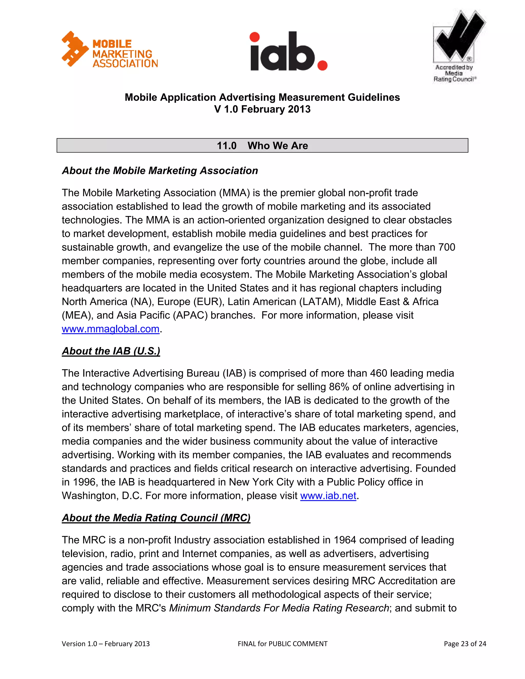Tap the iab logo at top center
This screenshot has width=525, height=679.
(288, 51)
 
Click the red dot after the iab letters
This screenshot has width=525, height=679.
(322, 65)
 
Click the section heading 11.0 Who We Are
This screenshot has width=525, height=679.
(262, 146)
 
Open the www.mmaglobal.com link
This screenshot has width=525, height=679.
(110, 329)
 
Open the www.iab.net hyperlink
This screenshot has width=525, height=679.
(328, 496)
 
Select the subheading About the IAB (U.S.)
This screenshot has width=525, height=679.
(111, 351)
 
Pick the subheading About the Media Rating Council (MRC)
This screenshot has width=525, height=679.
(156, 518)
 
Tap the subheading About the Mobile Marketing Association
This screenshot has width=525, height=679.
(160, 171)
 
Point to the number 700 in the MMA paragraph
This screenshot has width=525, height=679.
(446, 247)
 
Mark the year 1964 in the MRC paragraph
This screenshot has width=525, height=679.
(345, 540)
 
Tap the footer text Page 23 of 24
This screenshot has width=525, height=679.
(465, 644)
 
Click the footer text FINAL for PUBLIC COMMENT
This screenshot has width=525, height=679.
(282, 644)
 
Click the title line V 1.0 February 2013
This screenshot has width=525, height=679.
(262, 109)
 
